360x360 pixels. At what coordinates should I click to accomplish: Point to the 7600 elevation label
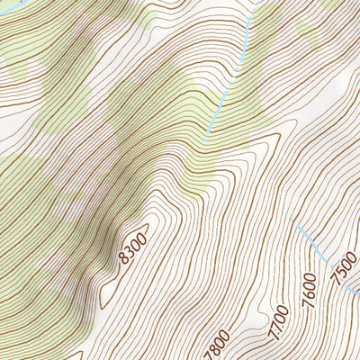[311, 285]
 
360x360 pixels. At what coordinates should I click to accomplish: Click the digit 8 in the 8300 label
[122, 260]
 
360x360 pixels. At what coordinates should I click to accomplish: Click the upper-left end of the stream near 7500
[299, 229]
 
